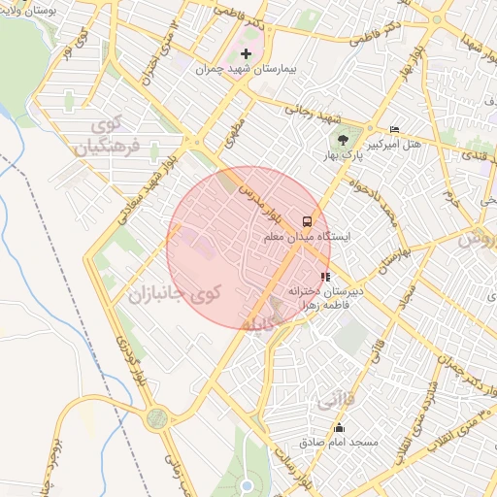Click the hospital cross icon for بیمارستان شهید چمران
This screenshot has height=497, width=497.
tap(246, 53)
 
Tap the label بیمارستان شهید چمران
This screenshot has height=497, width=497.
tap(238, 70)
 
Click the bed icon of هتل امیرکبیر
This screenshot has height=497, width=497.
tap(393, 129)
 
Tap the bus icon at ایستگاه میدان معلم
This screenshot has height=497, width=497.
tap(307, 220)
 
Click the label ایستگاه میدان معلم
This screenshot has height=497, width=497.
tap(309, 236)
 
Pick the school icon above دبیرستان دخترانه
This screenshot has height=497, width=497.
tap(324, 277)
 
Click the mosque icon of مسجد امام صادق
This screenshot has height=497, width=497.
tap(339, 428)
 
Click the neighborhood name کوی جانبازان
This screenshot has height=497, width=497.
tap(174, 292)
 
